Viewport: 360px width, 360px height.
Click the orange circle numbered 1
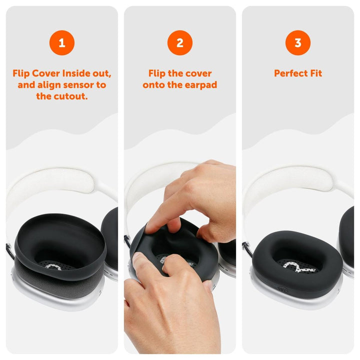61,43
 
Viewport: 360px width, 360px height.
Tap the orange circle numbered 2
179,43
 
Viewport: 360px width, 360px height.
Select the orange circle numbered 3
298,43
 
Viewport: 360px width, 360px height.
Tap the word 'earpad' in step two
201,85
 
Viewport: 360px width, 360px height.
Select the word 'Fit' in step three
315,73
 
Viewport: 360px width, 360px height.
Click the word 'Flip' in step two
158,73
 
